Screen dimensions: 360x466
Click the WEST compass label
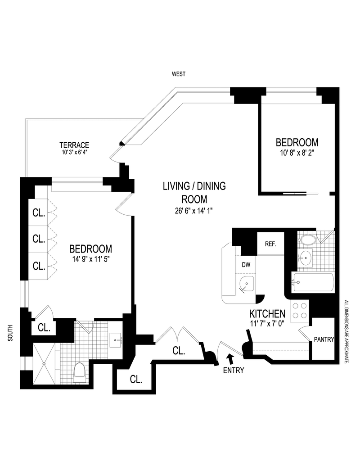pyautogui.click(x=179, y=74)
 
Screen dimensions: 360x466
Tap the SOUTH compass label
pyautogui.click(x=10, y=333)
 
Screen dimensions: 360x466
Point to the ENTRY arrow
pyautogui.click(x=231, y=358)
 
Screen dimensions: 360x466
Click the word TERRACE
pyautogui.click(x=74, y=145)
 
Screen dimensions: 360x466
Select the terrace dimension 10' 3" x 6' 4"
pyautogui.click(x=74, y=153)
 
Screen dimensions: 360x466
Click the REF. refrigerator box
pyautogui.click(x=270, y=244)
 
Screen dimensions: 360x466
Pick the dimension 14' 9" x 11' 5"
pyautogui.click(x=90, y=259)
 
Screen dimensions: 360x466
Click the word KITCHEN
pyautogui.click(x=268, y=313)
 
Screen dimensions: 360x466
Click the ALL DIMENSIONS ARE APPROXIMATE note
pyautogui.click(x=346, y=332)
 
